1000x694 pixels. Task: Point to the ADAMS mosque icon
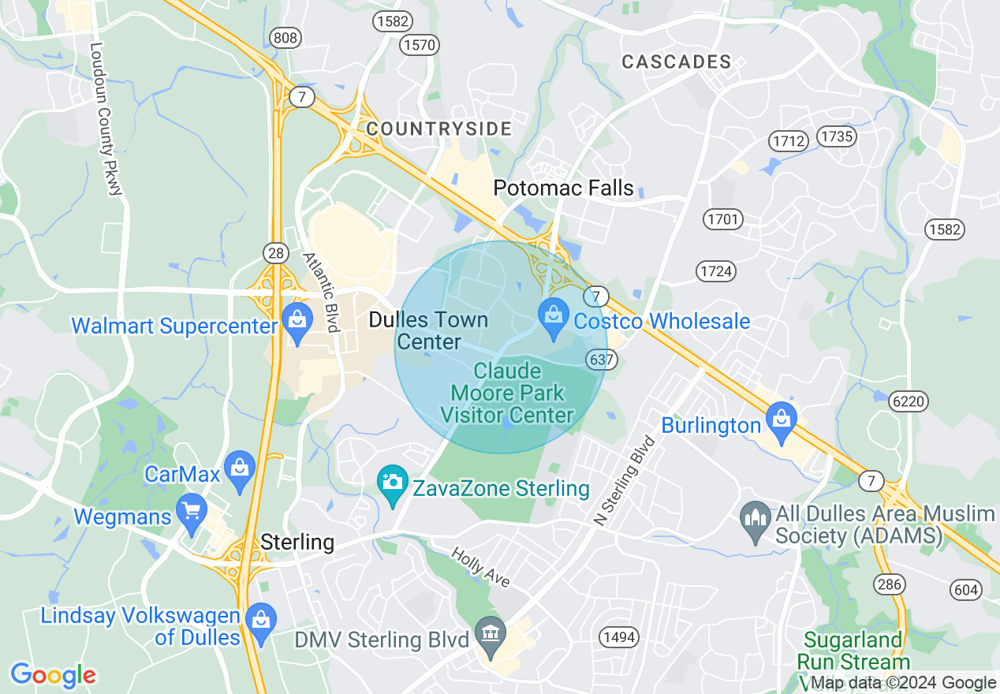pyautogui.click(x=756, y=520)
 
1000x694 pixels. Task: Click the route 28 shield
pyautogui.click(x=274, y=252)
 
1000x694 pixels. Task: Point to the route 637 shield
pyautogui.click(x=600, y=360)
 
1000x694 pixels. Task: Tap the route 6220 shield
pyautogui.click(x=910, y=401)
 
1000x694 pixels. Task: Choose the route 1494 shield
pyautogui.click(x=618, y=636)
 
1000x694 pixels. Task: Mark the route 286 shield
pyautogui.click(x=888, y=584)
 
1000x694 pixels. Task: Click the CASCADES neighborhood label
pyautogui.click(x=677, y=62)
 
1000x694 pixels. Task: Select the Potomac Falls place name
pyautogui.click(x=563, y=188)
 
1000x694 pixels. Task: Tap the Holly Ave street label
pyautogui.click(x=480, y=567)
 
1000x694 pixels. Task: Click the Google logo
pyautogui.click(x=53, y=675)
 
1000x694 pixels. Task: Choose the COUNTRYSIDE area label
pyautogui.click(x=439, y=129)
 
